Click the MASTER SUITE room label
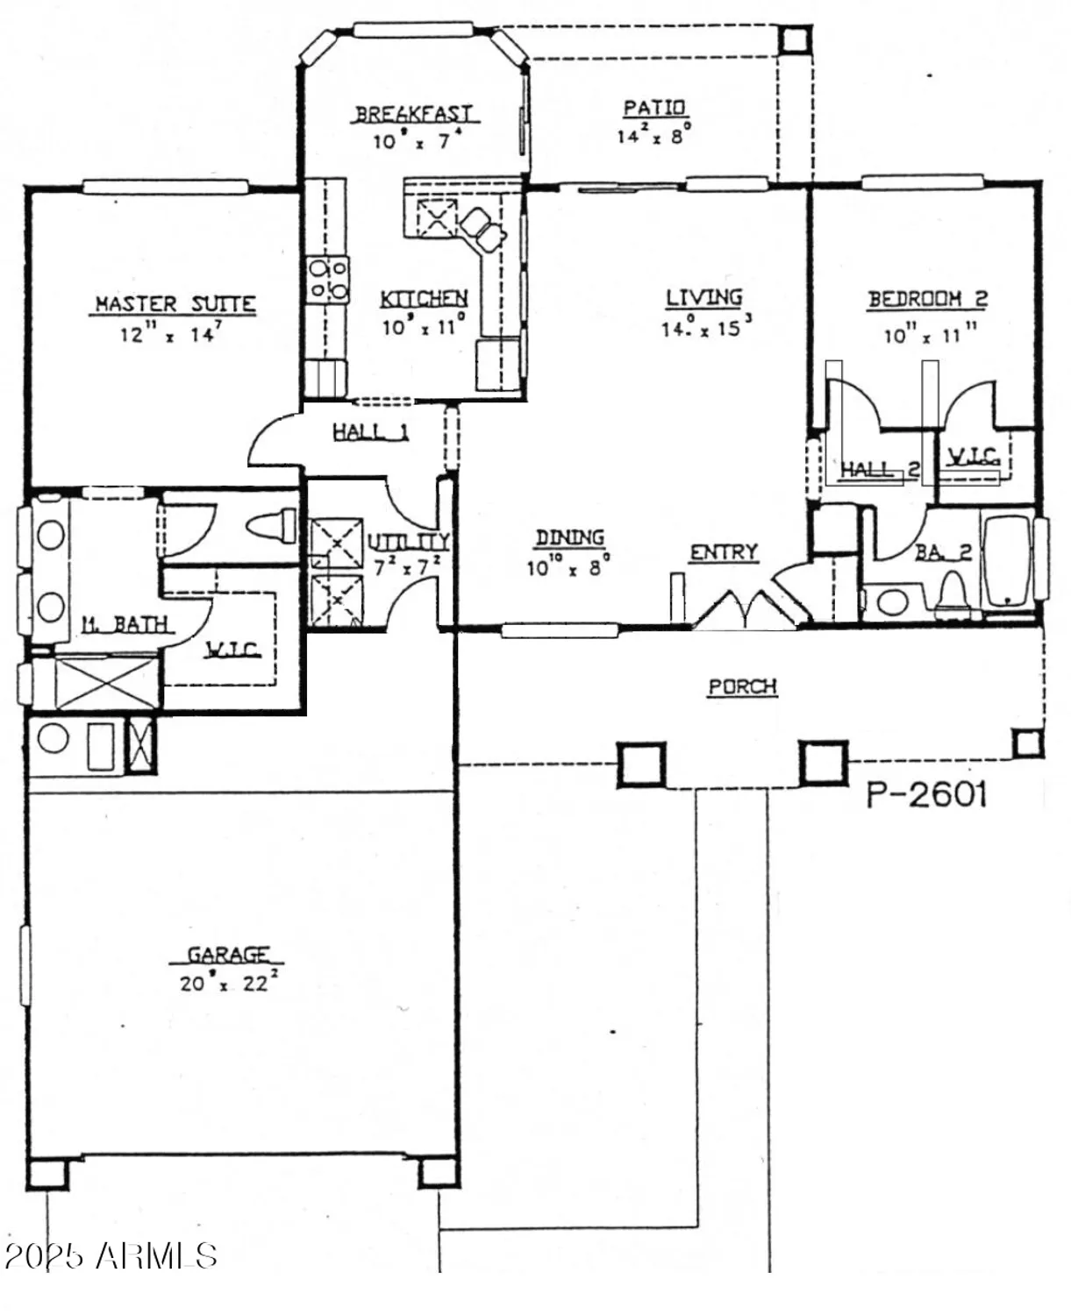tap(175, 304)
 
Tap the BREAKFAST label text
tap(413, 114)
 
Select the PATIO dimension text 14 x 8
tap(654, 136)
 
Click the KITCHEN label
tap(424, 299)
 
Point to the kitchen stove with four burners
tap(327, 280)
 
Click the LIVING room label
tap(703, 298)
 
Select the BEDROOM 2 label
tap(927, 299)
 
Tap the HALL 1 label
tap(370, 431)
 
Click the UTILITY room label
tap(408, 541)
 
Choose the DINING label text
tap(570, 537)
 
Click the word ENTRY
tap(724, 552)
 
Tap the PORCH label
tap(742, 686)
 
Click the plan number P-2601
tap(927, 794)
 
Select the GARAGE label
tap(228, 954)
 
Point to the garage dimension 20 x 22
tap(228, 983)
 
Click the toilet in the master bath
tap(272, 527)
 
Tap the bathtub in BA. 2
tap(1008, 562)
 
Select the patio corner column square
tap(794, 40)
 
